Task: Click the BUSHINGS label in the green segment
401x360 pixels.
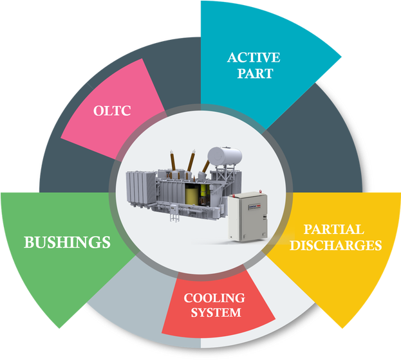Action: click(x=67, y=242)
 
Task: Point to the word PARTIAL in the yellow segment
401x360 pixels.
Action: click(x=333, y=230)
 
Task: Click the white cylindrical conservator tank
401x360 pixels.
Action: click(x=223, y=155)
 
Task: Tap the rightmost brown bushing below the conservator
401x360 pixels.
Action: click(x=205, y=168)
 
